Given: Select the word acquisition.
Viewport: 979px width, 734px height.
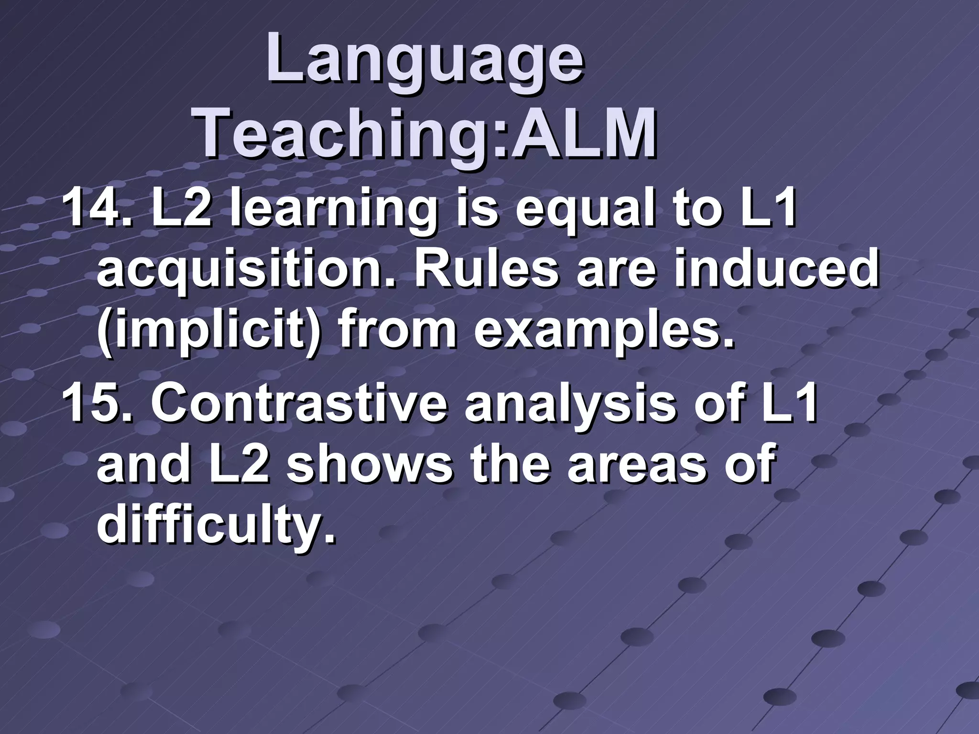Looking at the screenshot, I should point(248,270).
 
